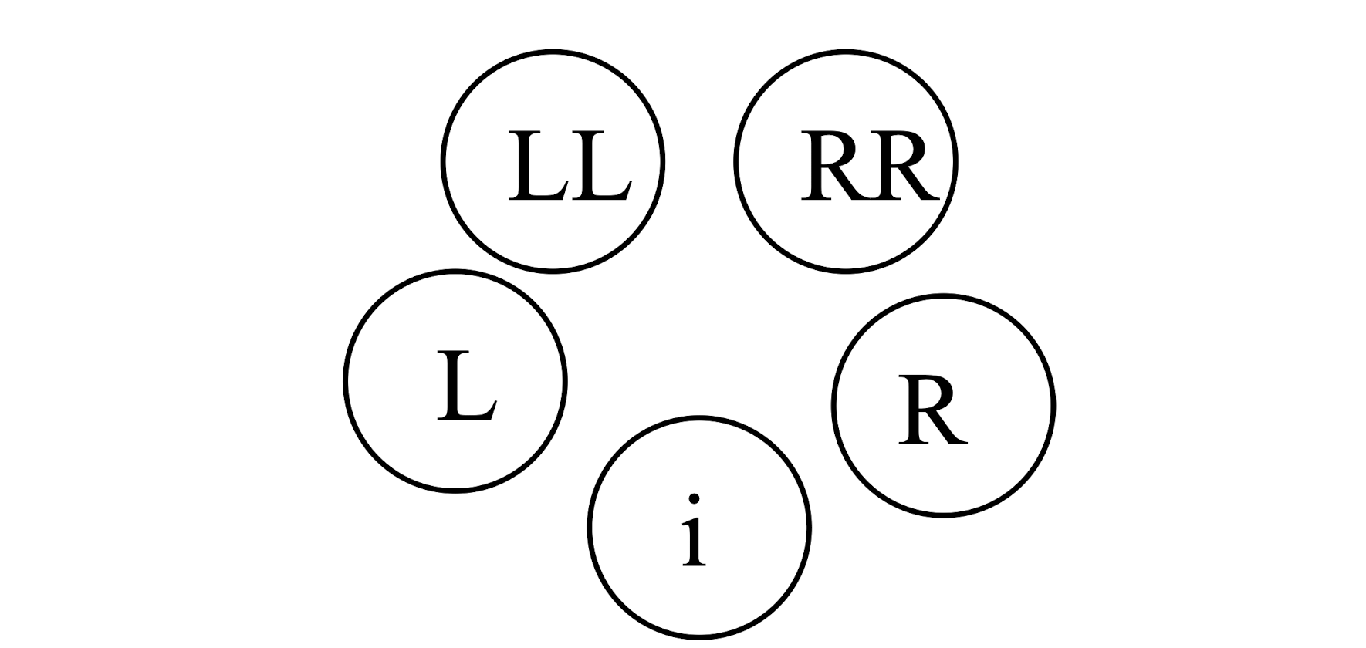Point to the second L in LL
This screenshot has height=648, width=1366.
point(598,167)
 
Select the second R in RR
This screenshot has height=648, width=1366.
point(903,167)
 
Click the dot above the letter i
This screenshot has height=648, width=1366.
point(695,499)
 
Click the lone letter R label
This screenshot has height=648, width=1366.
point(932,410)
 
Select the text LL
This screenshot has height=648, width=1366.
point(570,167)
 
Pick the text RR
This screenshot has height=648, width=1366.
point(870,167)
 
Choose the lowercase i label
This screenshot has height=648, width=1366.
point(695,532)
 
